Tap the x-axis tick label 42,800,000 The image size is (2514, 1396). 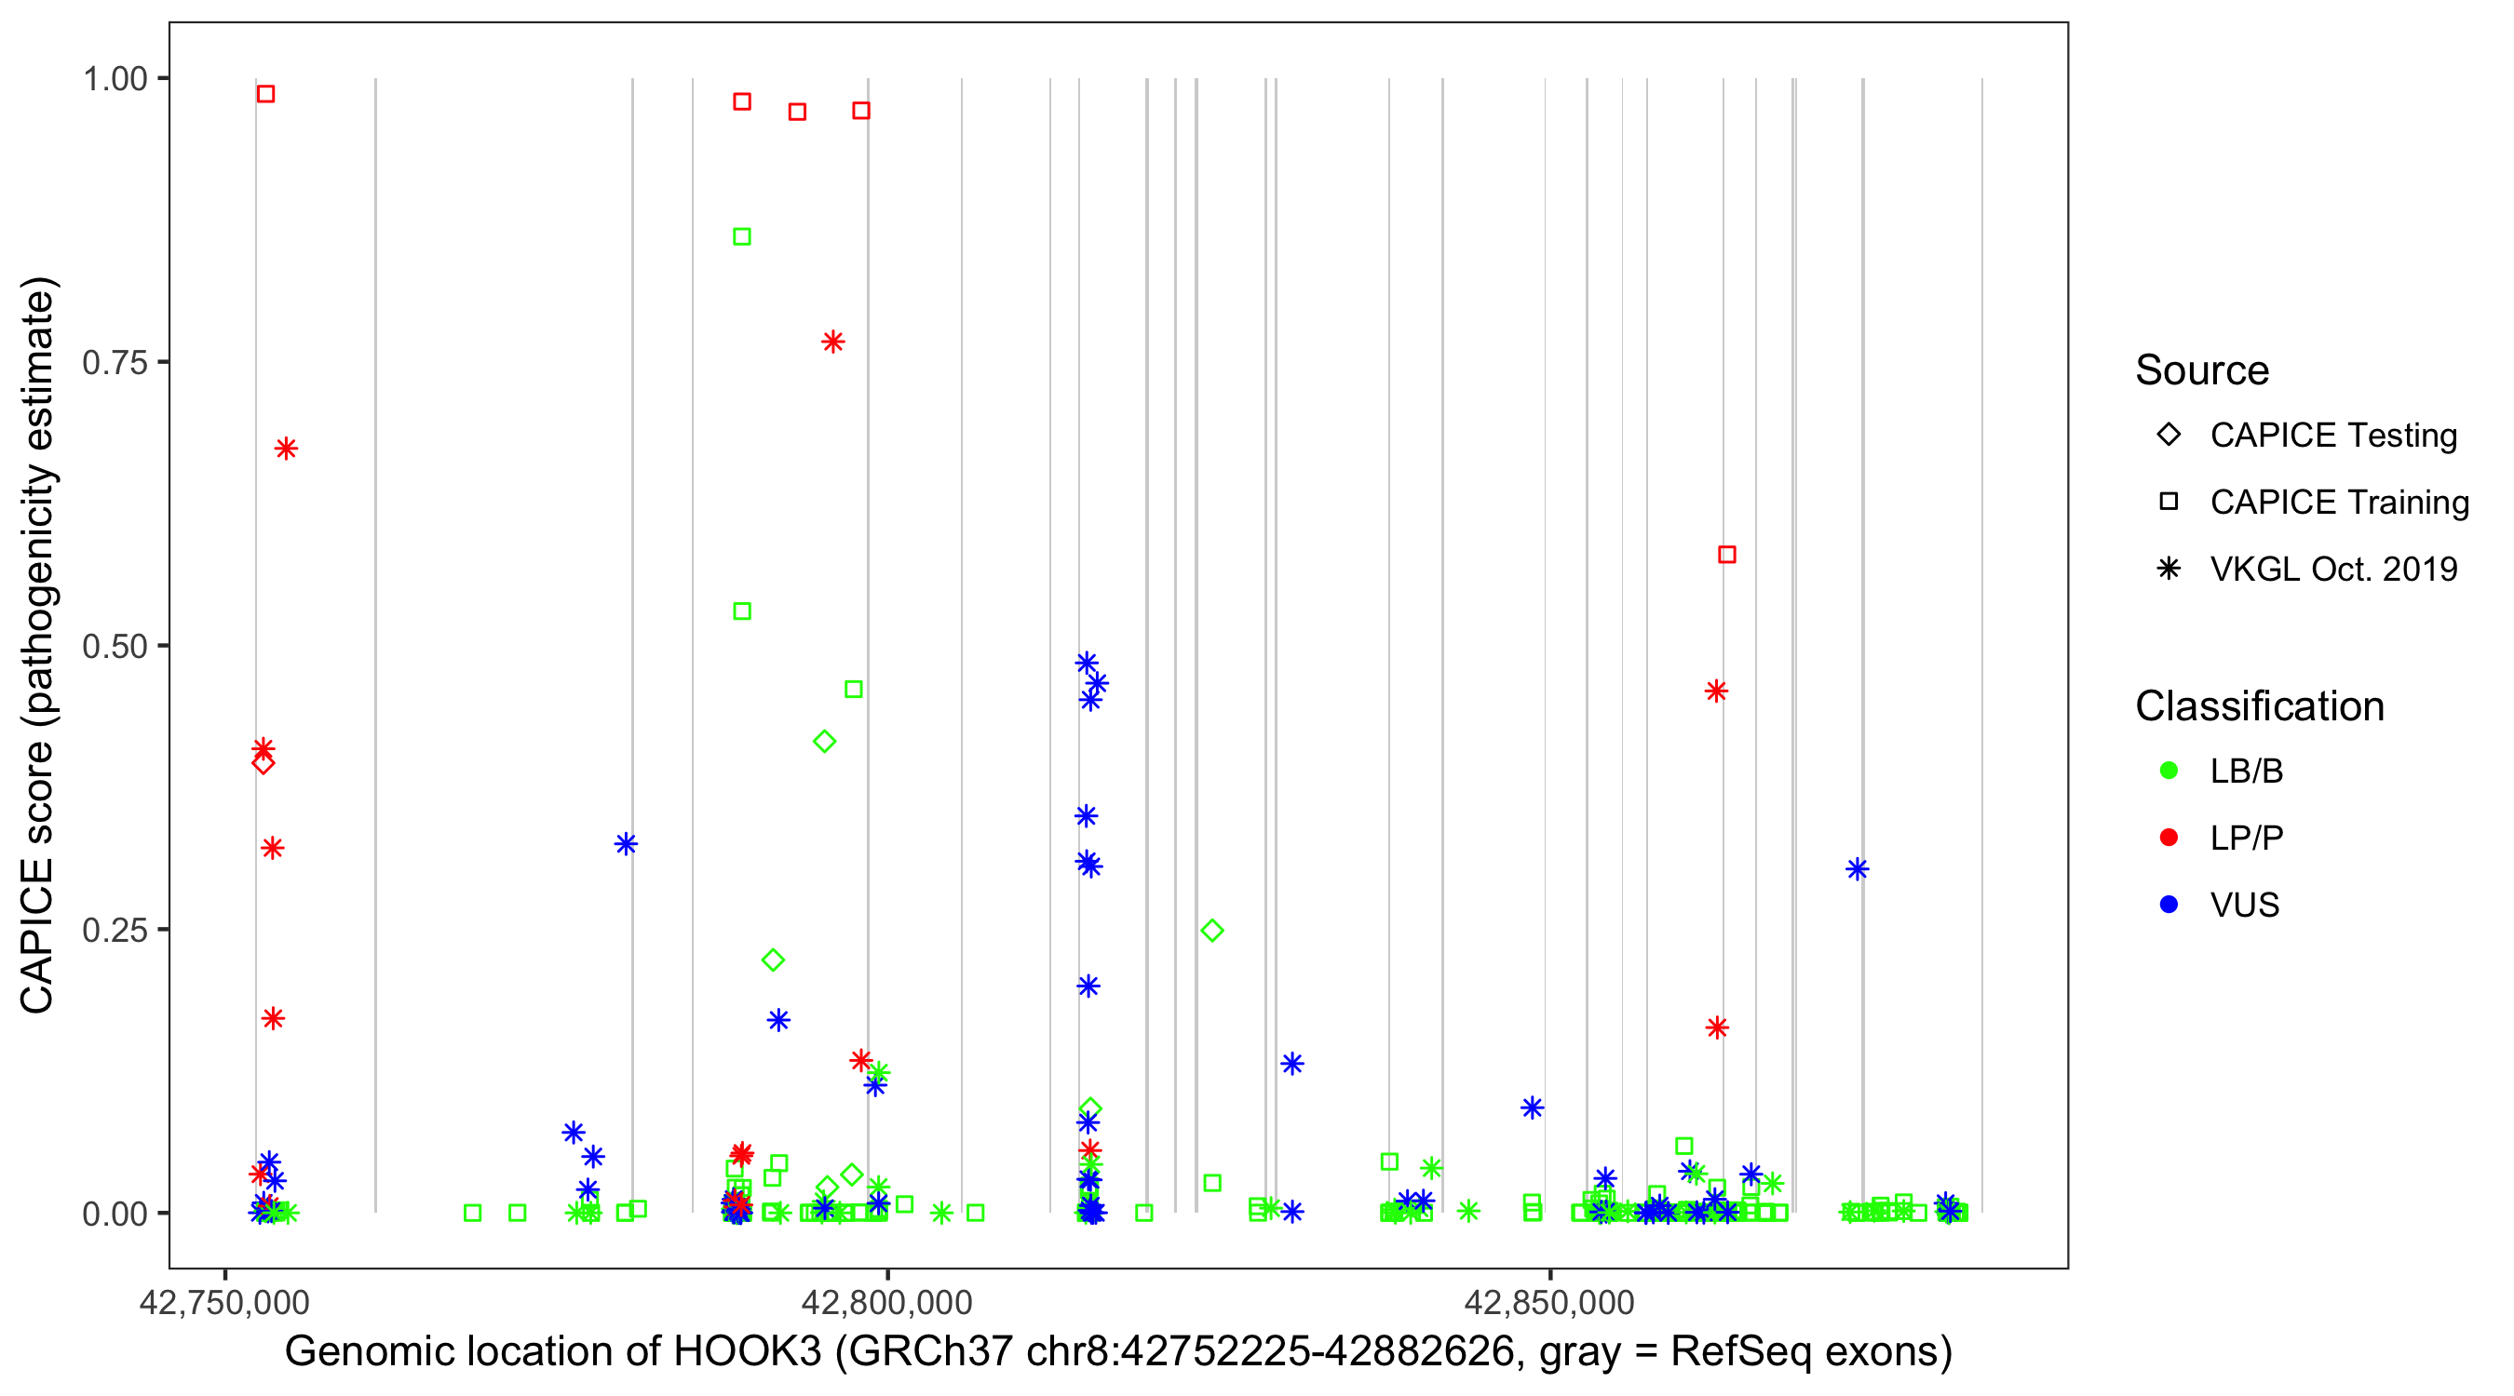886,1302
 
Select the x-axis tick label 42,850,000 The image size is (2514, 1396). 1549,1302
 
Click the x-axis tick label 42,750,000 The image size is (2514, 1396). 224,1302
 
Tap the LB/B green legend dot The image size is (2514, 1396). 2169,771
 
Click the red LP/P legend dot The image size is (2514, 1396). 2169,838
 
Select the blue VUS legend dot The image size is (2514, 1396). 2169,905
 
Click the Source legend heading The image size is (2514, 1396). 2202,370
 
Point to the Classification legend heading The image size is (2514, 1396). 2259,706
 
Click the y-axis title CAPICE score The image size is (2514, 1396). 39,644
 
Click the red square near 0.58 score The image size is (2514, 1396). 1726,555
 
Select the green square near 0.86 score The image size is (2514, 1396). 742,237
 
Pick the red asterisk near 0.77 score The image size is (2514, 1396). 832,342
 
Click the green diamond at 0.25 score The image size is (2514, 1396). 1212,931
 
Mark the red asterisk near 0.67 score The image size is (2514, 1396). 286,449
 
